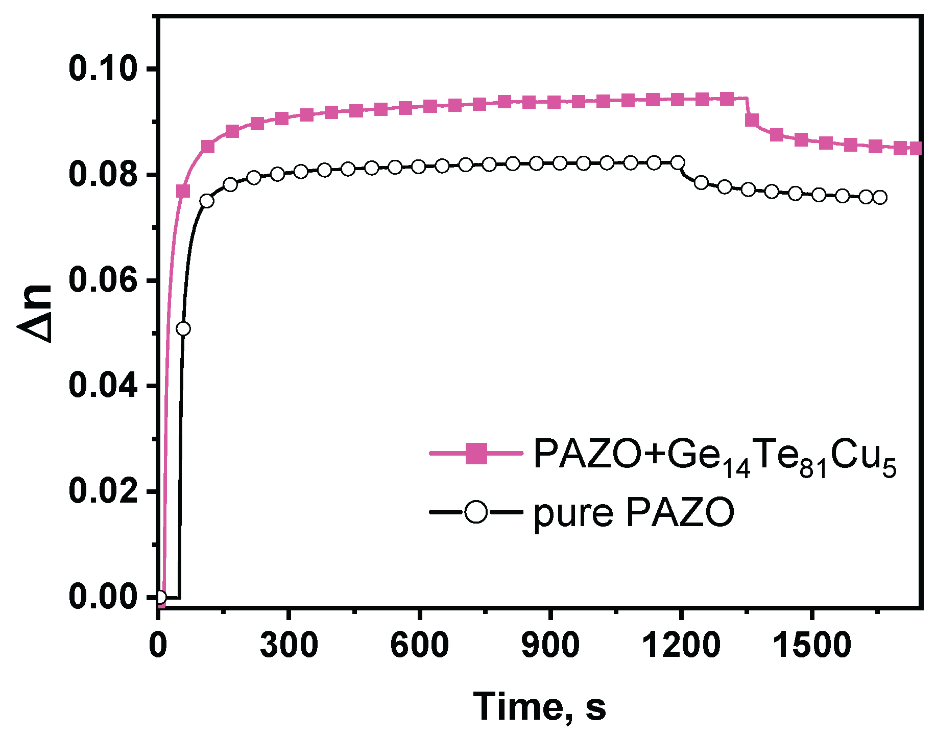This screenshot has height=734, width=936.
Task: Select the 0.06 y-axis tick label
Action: coord(104,280)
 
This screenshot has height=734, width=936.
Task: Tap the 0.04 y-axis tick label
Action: coord(104,386)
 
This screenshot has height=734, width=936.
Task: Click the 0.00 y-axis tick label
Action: coord(104,597)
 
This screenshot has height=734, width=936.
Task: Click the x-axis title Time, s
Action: coord(539,707)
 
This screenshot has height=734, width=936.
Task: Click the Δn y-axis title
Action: coord(36,313)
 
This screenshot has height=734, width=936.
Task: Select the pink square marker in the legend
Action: coord(476,454)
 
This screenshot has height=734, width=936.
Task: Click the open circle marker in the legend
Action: coord(476,512)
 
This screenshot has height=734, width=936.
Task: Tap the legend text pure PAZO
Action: coord(634,513)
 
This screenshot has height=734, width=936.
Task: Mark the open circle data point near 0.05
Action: coord(183,328)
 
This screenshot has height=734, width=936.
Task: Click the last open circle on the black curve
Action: coord(880,197)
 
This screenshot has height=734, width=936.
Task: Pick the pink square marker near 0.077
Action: coord(183,191)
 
